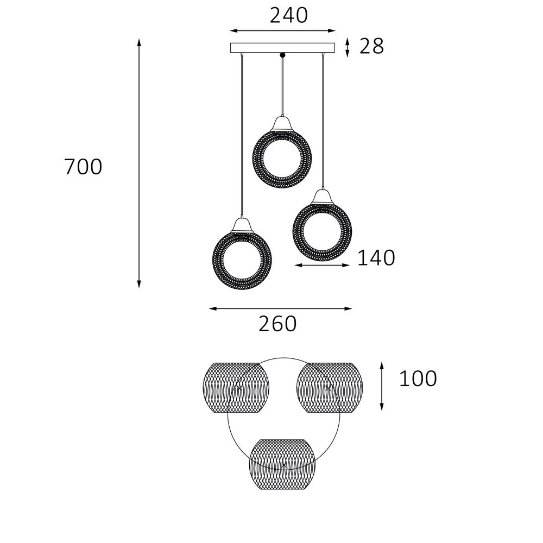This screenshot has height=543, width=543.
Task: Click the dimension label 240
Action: [x=289, y=16]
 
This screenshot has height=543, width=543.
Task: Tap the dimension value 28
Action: [x=371, y=46]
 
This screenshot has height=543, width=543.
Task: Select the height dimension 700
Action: [x=83, y=167]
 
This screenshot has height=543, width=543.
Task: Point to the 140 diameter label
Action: [x=376, y=257]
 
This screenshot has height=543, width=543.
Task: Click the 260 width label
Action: [x=277, y=324]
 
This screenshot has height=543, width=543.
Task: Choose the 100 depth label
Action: [x=418, y=378]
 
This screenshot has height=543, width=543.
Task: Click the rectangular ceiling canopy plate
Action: [x=282, y=48]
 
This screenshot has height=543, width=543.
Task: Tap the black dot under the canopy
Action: [x=282, y=55]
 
